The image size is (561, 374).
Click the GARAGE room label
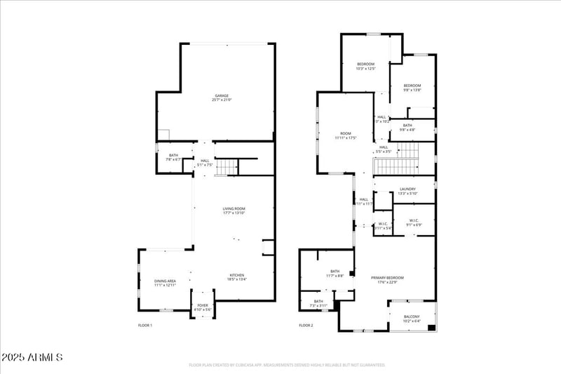coord(222,95)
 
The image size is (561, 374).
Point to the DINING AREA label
coord(165,281)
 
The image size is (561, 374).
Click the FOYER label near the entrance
coord(203,305)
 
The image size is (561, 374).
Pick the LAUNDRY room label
coord(407,189)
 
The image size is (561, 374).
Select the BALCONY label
coord(412,316)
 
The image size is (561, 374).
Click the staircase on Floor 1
coord(227,167)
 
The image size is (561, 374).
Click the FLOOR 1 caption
coord(145,326)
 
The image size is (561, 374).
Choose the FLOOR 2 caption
coord(306,326)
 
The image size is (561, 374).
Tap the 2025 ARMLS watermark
coord(32,358)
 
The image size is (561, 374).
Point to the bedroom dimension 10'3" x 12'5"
coord(366,69)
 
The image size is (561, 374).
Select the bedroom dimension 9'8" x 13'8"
coord(412,90)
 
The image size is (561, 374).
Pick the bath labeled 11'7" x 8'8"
coord(334,276)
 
